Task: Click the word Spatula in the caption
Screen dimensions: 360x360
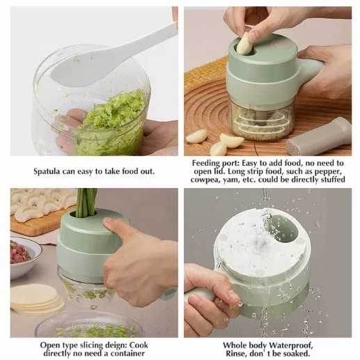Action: point(47,171)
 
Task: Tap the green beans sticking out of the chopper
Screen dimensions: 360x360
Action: point(87,203)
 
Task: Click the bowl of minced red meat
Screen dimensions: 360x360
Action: point(23,256)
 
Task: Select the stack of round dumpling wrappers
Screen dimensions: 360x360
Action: point(36,299)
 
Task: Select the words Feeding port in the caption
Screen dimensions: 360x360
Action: point(215,164)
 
